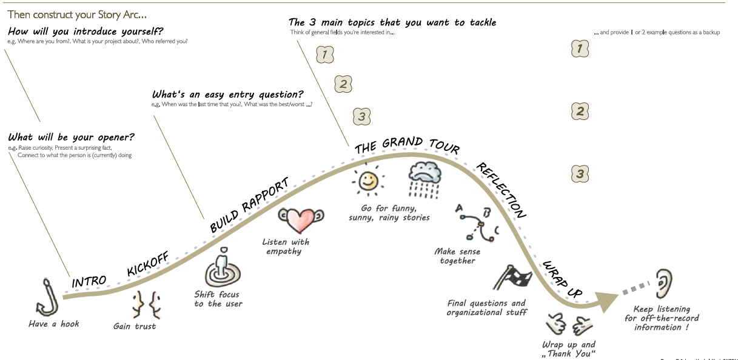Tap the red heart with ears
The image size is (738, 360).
300,221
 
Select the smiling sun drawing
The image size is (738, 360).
367,180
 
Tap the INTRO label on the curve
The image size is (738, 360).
89,282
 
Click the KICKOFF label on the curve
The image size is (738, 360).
148,262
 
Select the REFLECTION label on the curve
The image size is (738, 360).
501,190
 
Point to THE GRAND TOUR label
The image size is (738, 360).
407,145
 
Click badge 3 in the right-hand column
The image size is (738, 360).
580,175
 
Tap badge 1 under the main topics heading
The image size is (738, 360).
326,55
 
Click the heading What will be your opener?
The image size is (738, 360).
72,137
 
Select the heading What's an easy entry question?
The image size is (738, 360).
228,95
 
